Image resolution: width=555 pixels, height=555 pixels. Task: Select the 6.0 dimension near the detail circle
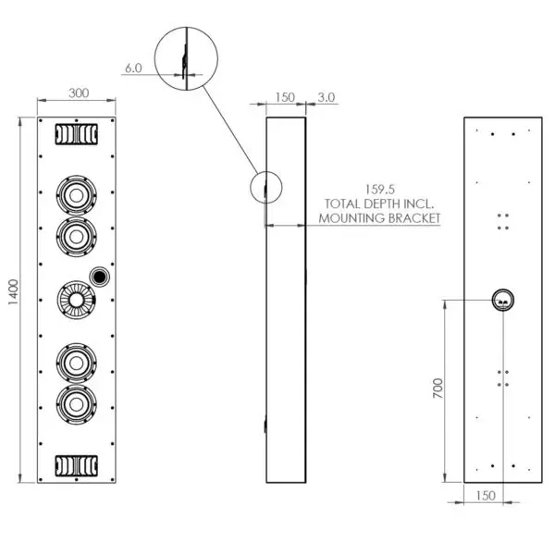tap(132, 67)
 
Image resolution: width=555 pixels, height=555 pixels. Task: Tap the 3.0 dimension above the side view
tap(326, 97)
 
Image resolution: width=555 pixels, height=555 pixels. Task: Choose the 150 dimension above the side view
tap(284, 97)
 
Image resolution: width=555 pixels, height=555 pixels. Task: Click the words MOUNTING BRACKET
tap(378, 219)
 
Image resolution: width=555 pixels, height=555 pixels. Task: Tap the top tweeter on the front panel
tap(76, 134)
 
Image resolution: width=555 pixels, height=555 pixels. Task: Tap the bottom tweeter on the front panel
tap(76, 465)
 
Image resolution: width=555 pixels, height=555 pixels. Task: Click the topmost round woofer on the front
tap(76, 195)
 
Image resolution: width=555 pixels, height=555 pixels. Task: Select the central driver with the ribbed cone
tap(76, 300)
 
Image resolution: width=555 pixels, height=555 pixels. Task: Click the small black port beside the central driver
tap(100, 276)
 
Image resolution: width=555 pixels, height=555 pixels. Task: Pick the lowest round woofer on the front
tap(76, 403)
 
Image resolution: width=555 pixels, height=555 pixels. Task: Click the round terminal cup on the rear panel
tap(502, 300)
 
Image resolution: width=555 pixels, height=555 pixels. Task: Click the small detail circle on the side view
tap(265, 188)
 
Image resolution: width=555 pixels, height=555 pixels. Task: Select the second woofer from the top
tap(76, 235)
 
